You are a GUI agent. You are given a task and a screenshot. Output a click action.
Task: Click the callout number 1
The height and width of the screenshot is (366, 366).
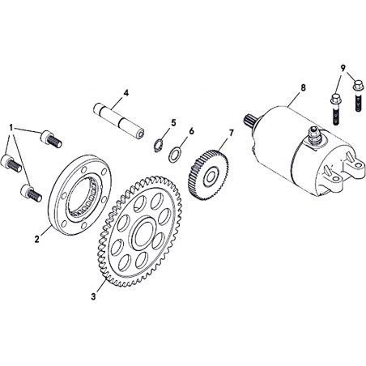11,127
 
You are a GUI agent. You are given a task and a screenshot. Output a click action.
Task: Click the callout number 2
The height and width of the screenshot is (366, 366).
36,239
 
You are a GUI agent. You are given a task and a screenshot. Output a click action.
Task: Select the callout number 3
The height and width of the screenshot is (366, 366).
93,296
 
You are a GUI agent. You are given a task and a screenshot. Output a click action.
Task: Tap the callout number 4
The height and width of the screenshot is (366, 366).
126,93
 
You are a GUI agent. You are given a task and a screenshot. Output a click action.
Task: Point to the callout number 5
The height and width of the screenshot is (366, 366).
173,123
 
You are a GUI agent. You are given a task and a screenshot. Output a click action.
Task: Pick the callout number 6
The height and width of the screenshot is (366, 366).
191,131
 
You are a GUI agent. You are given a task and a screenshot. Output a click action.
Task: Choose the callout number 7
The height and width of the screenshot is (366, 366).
232,133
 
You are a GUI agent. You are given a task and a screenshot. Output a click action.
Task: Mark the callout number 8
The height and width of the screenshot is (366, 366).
304,87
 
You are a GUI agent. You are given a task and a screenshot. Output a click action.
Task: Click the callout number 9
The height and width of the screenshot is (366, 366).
343,68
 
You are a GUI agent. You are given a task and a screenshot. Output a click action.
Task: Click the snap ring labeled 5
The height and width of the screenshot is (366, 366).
158,145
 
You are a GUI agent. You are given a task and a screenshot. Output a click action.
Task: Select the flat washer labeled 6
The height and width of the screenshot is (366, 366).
175,155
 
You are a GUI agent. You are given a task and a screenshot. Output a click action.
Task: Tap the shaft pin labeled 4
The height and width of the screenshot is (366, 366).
119,121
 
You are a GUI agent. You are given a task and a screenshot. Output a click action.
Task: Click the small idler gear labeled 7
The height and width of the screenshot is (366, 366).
208,177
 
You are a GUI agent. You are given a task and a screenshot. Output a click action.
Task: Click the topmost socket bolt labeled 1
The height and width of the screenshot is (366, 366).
51,138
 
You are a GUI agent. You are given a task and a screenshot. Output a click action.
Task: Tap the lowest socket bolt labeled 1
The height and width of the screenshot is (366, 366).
31,193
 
